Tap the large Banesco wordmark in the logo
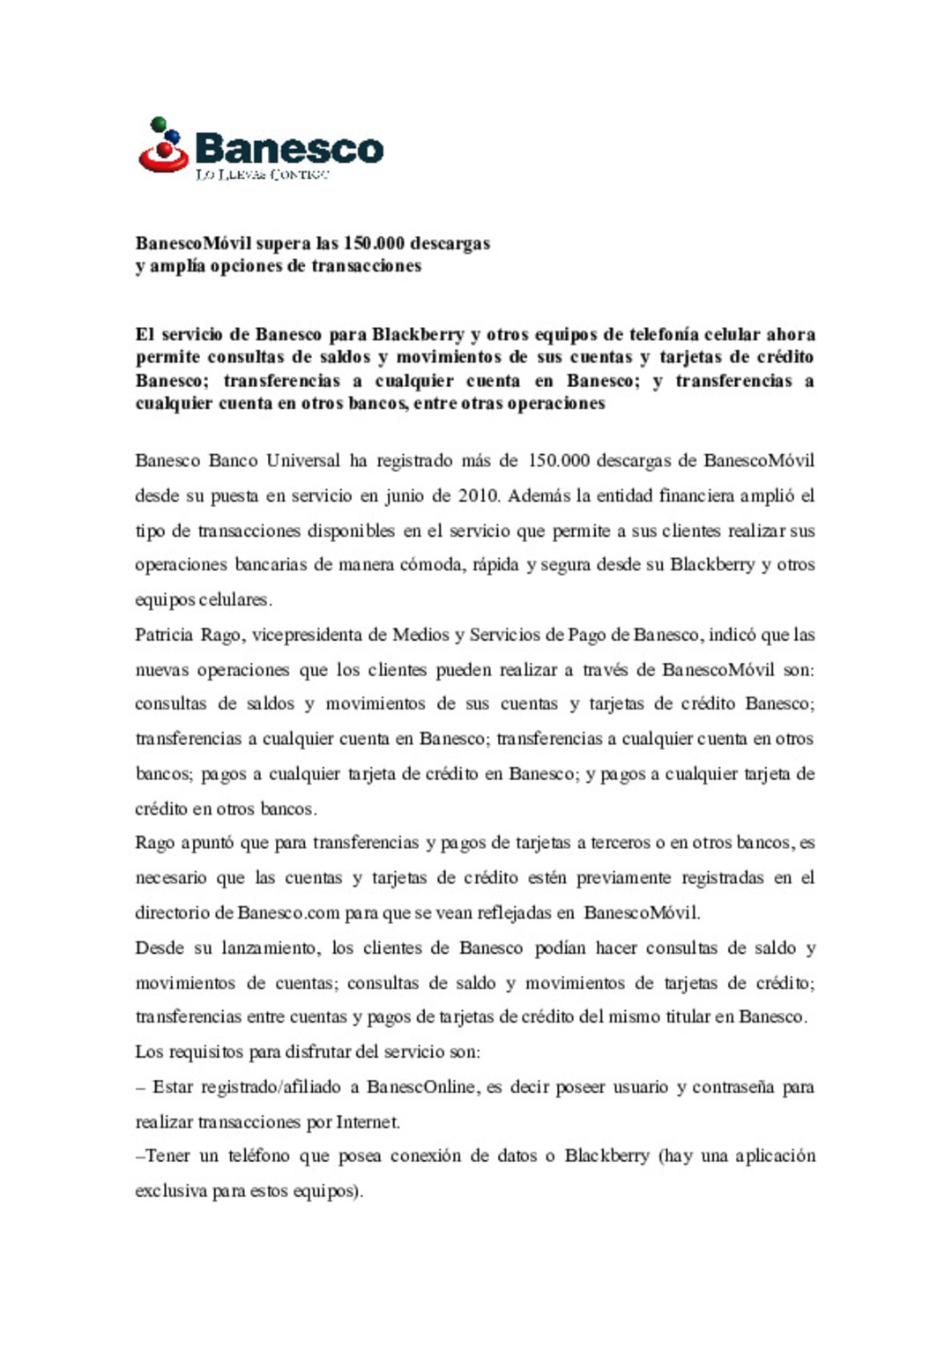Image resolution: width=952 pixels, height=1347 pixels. coord(289,148)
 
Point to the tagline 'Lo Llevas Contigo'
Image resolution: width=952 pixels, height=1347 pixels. coord(262,175)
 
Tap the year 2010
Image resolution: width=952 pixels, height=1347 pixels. coord(479,495)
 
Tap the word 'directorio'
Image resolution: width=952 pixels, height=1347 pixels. coord(172,913)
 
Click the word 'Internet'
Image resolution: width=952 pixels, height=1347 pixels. coord(368,1122)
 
